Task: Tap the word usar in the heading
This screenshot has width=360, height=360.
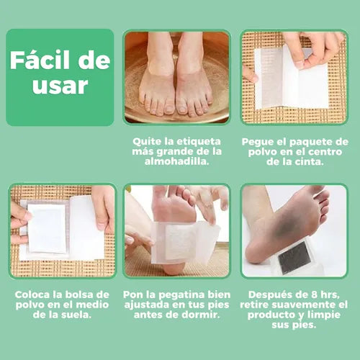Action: tap(60, 86)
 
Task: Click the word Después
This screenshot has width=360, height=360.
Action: tap(267, 295)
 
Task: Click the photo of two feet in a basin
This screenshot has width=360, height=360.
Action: tap(176, 77)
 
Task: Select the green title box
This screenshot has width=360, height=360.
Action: tap(60, 77)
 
